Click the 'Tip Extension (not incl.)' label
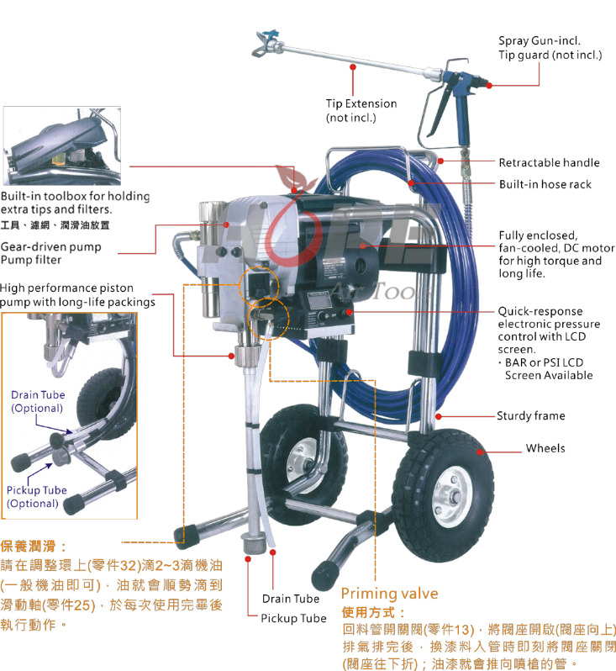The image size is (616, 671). pyautogui.click(x=361, y=110)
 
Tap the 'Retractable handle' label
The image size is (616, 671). pyautogui.click(x=550, y=162)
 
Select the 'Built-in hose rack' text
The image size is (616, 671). pyautogui.click(x=545, y=184)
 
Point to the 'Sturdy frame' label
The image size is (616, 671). pyautogui.click(x=531, y=416)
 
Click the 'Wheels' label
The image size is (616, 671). pyautogui.click(x=545, y=448)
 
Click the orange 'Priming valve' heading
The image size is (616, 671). pyautogui.click(x=390, y=594)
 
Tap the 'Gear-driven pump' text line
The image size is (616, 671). pyautogui.click(x=51, y=247)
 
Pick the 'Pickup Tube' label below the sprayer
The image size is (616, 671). pyautogui.click(x=294, y=618)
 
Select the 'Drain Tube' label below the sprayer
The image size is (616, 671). pyautogui.click(x=291, y=599)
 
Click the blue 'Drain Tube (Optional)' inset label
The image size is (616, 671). pyautogui.click(x=38, y=401)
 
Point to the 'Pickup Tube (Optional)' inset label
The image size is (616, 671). pyautogui.click(x=37, y=497)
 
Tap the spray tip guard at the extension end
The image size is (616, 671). pyautogui.click(x=262, y=43)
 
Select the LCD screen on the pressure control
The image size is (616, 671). pyautogui.click(x=320, y=302)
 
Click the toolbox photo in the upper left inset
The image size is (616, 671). pyautogui.click(x=62, y=146)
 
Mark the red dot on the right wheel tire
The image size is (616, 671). pyautogui.click(x=480, y=452)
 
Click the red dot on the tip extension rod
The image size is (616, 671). pyautogui.click(x=353, y=67)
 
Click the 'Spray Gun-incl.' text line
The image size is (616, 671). pyautogui.click(x=540, y=40)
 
